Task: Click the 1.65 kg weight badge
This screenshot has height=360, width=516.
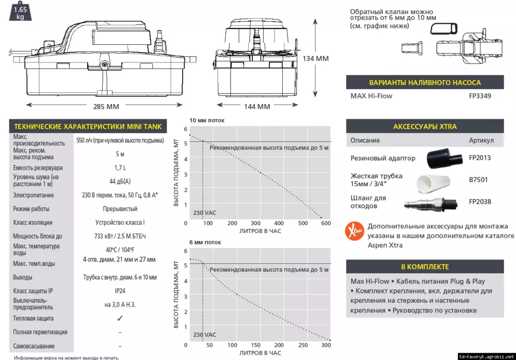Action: [20, 13]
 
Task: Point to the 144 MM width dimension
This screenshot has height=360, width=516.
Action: [256, 107]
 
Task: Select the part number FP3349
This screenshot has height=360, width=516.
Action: [480, 96]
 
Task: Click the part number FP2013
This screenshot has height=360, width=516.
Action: [480, 158]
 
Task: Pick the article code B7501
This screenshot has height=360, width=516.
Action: [478, 180]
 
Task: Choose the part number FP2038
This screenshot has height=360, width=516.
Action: [480, 202]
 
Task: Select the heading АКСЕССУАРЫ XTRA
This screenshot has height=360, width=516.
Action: [425, 126]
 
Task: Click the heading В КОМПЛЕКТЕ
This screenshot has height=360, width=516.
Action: [425, 267]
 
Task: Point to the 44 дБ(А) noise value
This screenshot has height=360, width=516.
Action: [120, 182]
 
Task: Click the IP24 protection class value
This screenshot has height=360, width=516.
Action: [120, 291]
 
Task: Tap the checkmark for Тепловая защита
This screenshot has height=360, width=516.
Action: [120, 318]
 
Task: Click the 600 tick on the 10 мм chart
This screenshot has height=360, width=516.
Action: [326, 223]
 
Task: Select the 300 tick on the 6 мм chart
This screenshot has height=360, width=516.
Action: [326, 345]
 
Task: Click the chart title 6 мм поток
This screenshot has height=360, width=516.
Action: [205, 242]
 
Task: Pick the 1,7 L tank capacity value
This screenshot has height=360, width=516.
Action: [120, 168]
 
